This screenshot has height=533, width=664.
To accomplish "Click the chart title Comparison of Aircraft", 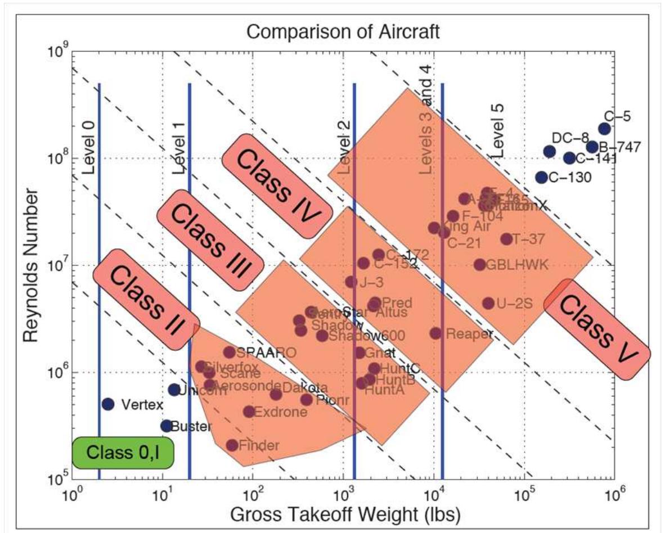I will pyautogui.click(x=343, y=32).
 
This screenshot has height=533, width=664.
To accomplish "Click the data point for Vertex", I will pyautogui.click(x=108, y=404).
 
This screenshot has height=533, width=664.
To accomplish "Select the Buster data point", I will pyautogui.click(x=166, y=426).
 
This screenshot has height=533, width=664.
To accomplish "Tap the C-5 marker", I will pyautogui.click(x=604, y=129).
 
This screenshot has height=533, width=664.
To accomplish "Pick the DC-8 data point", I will pyautogui.click(x=550, y=151).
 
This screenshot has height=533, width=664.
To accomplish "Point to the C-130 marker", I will pyautogui.click(x=541, y=177).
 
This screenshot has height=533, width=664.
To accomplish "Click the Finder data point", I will pyautogui.click(x=232, y=445).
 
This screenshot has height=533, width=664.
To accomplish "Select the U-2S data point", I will pyautogui.click(x=488, y=304).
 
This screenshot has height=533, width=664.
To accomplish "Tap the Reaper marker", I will pyautogui.click(x=436, y=333).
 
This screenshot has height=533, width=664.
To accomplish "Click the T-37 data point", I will pyautogui.click(x=506, y=239).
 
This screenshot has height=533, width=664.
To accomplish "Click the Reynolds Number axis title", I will pyautogui.click(x=32, y=264).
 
